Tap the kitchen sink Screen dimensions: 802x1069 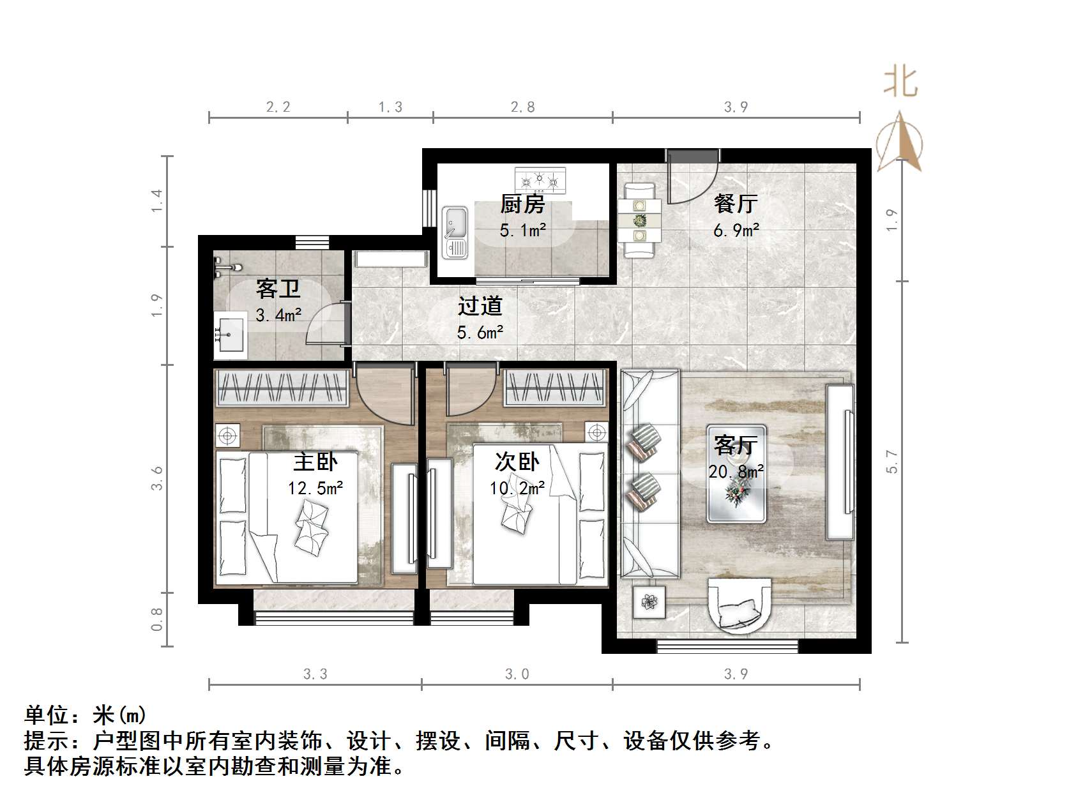pos(455,231)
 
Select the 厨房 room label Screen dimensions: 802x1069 pos(522,204)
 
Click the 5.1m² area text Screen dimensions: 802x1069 pos(522,230)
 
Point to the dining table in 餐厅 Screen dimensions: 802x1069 pos(639,220)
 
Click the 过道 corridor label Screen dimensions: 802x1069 pos(480,306)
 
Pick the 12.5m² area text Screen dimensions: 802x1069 pos(315,488)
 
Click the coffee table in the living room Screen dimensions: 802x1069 pos(736,473)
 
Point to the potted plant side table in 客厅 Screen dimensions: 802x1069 pos(649,602)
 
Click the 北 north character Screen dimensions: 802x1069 pos(900,82)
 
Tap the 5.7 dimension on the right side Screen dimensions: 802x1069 pos(892,462)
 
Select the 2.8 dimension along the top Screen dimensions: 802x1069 pos(522,107)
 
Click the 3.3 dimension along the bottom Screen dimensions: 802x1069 pos(315,674)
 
